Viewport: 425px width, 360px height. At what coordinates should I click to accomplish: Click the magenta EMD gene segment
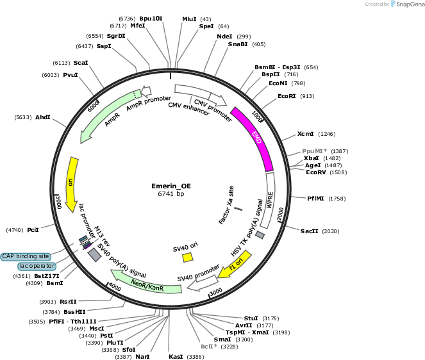[254, 138]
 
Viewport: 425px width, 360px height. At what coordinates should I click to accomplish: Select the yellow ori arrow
[72, 184]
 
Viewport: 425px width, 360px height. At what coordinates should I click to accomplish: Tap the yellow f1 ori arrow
[235, 265]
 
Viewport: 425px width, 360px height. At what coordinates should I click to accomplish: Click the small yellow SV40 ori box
[188, 257]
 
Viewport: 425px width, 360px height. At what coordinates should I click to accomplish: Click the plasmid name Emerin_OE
[171, 186]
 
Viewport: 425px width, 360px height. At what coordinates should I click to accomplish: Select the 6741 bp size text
[171, 193]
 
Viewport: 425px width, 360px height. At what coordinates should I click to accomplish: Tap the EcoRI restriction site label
[287, 96]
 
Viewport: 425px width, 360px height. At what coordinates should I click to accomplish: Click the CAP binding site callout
[26, 256]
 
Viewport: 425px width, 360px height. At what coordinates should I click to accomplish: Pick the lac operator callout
[37, 266]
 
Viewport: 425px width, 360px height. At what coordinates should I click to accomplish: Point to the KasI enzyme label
[176, 357]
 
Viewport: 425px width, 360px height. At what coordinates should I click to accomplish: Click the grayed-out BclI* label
[209, 347]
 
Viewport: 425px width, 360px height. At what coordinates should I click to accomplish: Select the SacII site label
[309, 231]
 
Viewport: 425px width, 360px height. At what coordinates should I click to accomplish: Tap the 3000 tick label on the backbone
[216, 291]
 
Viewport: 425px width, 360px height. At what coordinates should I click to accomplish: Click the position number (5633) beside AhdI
[23, 117]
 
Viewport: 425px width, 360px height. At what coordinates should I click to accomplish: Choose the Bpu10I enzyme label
[151, 19]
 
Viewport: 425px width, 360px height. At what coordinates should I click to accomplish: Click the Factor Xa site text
[226, 205]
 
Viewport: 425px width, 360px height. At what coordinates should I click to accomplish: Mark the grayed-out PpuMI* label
[314, 151]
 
